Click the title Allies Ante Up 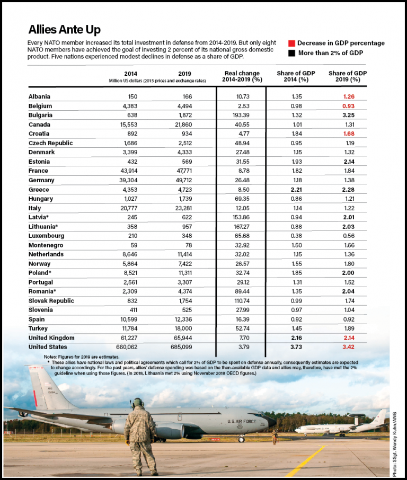tap(64, 29)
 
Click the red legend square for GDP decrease tap(291, 43)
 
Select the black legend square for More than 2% tap(291, 53)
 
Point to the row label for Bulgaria tap(40, 115)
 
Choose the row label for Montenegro tap(46, 245)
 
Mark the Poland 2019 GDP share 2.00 tap(348, 273)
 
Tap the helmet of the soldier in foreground tap(137, 403)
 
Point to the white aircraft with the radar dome tap(344, 427)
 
